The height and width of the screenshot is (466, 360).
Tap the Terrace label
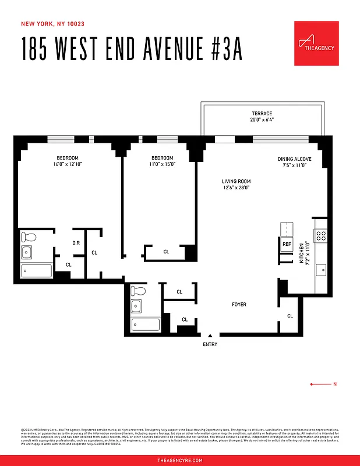coord(262,114)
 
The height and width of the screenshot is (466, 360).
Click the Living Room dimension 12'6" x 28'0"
coord(235,188)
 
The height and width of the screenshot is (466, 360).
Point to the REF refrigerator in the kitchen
coord(286,245)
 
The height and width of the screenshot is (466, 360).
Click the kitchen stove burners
coord(322,235)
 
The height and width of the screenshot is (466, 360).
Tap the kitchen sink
coord(321,270)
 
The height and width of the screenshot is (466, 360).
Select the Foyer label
coord(239,305)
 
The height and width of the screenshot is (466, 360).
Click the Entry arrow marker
coord(210,335)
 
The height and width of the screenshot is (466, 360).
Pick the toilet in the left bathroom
coord(28,237)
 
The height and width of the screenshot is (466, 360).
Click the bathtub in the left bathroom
coord(37,271)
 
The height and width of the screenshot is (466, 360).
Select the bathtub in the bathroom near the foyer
coord(145,325)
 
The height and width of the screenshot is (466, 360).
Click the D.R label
coord(76,243)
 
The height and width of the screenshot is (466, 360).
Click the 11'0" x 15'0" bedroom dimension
coord(162,165)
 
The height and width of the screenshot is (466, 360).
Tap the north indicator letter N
coord(334,384)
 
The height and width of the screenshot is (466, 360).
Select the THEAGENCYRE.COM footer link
coord(180,460)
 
